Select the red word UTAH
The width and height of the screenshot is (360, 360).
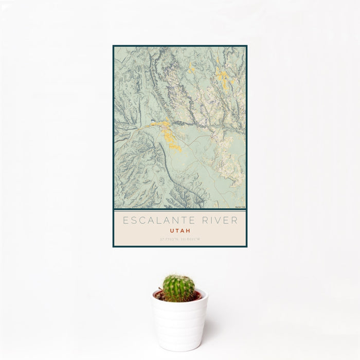pyautogui.click(x=180, y=231)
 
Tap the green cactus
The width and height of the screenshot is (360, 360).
pyautogui.click(x=179, y=287)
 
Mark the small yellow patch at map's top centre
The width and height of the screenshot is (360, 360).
pyautogui.click(x=191, y=68)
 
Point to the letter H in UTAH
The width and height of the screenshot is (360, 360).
pyautogui.click(x=188, y=231)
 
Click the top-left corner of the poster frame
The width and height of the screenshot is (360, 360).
pyautogui.click(x=114, y=46)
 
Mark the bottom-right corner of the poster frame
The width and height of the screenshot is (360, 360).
pyautogui.click(x=246, y=246)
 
